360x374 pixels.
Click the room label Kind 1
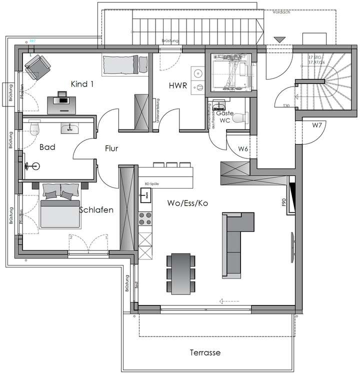[82, 84]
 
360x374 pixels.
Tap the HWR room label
[177, 86]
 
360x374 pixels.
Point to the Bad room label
[47, 147]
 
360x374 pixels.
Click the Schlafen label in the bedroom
[96, 210]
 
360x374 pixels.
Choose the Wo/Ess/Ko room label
[188, 203]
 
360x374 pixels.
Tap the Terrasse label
[205, 352]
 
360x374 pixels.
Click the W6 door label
[243, 148]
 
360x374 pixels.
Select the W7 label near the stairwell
[317, 125]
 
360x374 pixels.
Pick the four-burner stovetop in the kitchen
[145, 218]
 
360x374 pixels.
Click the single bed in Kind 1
[125, 64]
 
